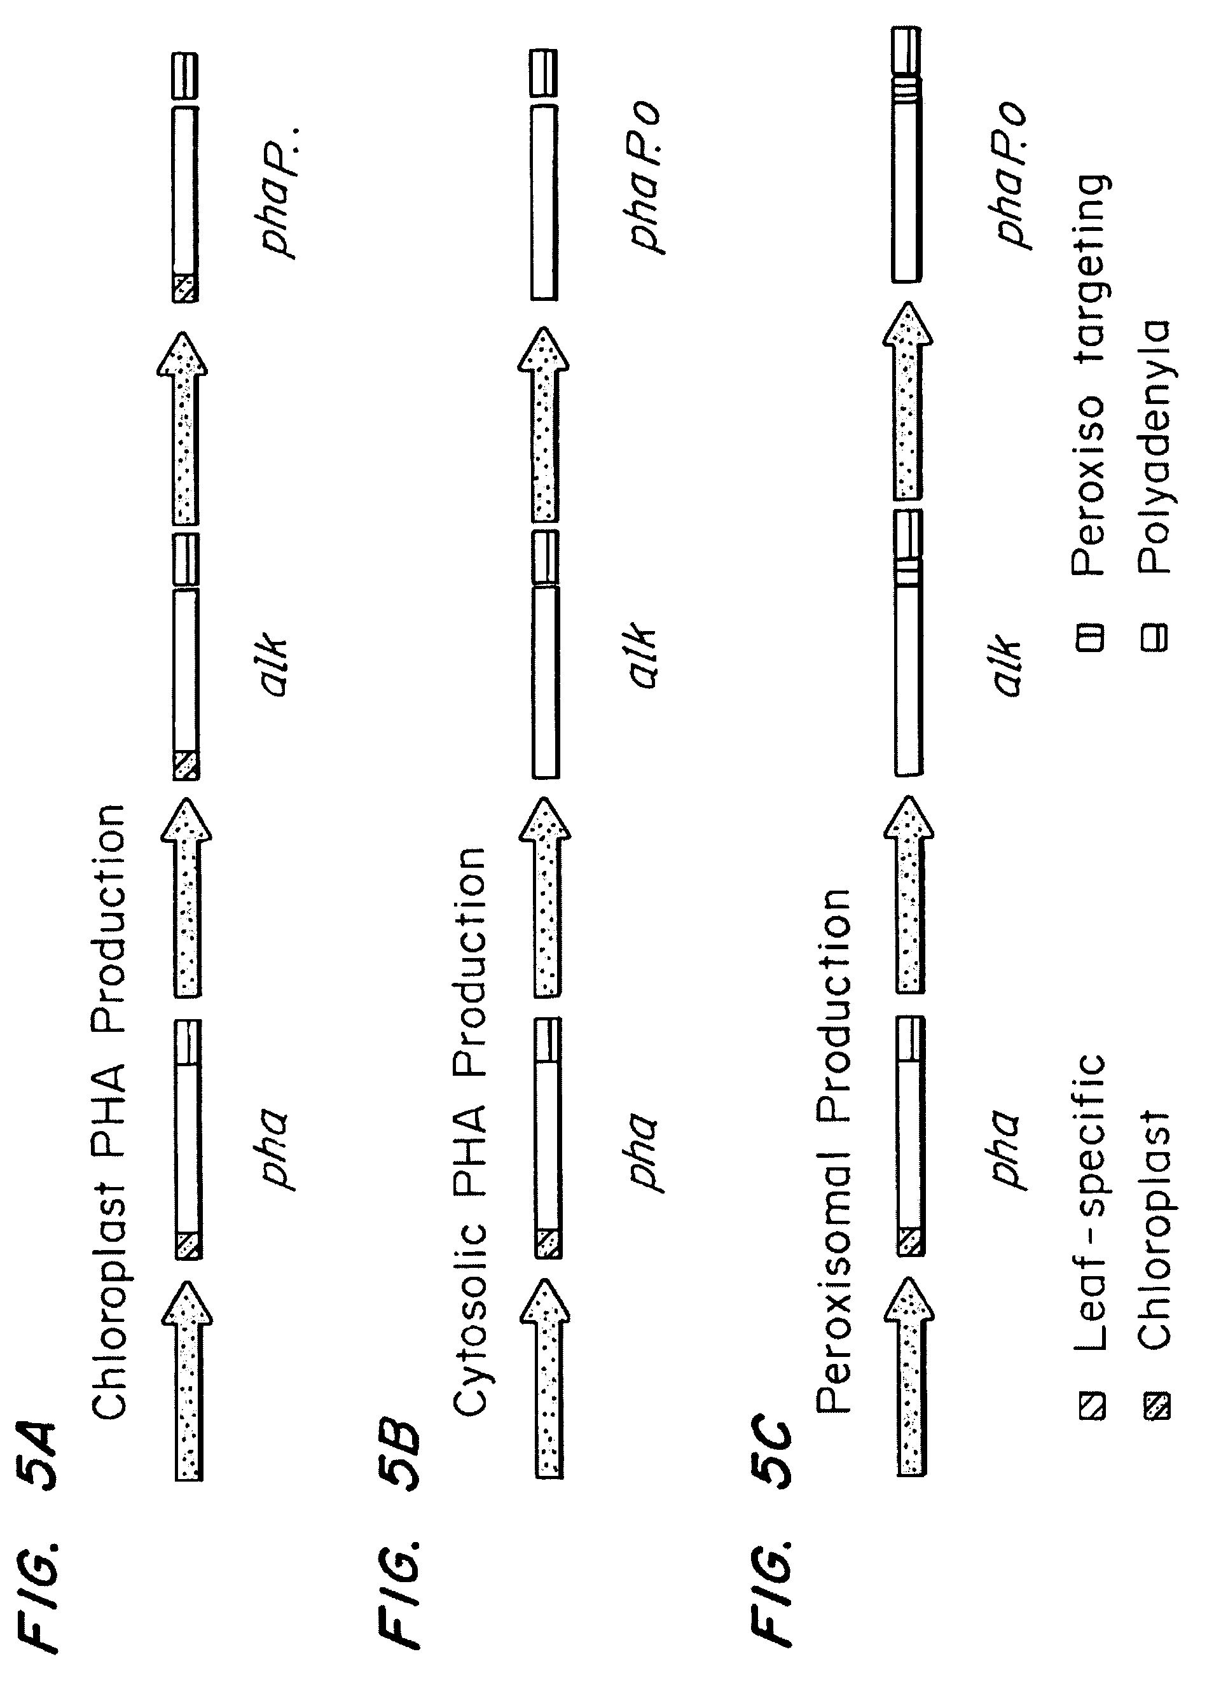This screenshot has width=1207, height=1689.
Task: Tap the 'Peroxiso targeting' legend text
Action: [1091, 376]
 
